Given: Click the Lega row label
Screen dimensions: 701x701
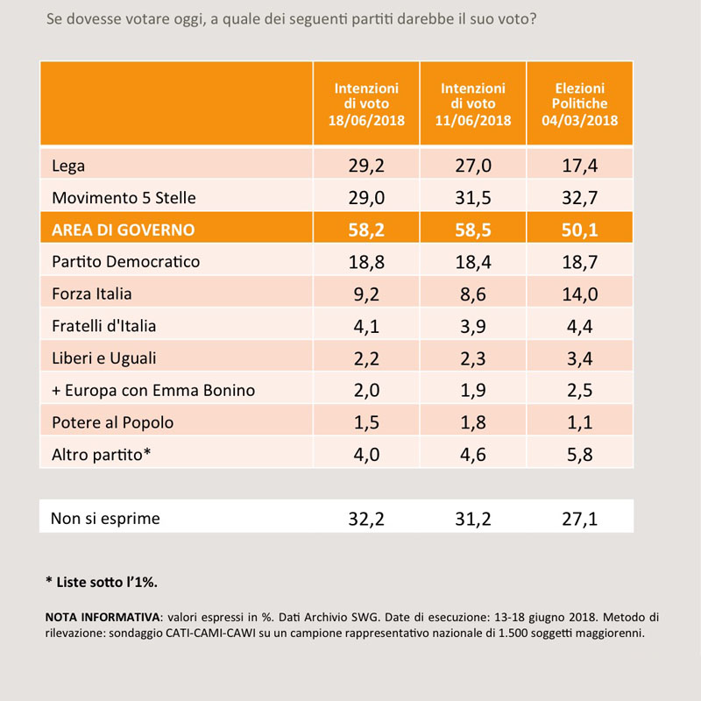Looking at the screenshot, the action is pos(68,166).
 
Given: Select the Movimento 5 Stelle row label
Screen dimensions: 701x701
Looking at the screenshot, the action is pos(124,198).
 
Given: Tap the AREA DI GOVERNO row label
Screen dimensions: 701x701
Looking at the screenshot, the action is pos(124,230).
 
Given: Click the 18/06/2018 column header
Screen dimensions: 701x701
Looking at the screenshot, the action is pos(366,103).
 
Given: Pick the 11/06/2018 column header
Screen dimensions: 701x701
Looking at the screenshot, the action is pos(473,103).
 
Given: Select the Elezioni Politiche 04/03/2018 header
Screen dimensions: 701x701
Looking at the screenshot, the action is pos(580,103).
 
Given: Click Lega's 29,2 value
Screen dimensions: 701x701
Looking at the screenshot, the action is pos(366,166).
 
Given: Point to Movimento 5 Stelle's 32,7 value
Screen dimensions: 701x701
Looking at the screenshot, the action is pos(580,198).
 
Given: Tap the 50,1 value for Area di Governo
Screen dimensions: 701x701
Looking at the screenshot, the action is pos(580,230).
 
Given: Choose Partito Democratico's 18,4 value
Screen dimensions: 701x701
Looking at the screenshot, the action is pos(473,262).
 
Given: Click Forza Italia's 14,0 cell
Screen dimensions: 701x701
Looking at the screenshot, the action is pos(580,294).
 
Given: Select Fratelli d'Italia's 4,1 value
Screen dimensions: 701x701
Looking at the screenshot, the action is pos(366,326).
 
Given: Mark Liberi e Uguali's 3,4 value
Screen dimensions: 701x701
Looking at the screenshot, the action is pos(580,358).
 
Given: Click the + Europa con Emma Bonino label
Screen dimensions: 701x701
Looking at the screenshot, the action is pos(153,390).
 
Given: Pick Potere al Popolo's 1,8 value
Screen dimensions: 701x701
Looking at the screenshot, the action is pos(473,422).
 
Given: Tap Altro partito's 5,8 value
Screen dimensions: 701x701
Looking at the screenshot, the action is pos(580,455).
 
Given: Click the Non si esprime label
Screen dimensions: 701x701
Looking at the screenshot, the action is pos(105,519).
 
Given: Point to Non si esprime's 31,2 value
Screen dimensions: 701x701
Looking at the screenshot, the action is pos(473,519).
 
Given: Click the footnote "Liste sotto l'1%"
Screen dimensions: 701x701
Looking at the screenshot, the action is pos(102,582).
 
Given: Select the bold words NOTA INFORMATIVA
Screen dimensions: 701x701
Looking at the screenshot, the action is pos(103,618).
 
